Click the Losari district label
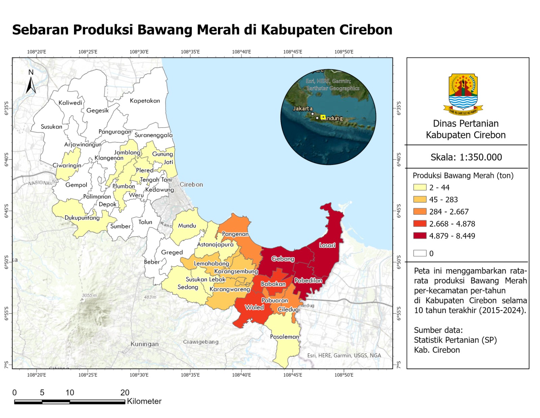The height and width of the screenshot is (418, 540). tap(327, 245)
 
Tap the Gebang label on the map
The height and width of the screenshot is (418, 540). tap(283, 259)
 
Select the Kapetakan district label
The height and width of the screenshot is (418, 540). tap(145, 101)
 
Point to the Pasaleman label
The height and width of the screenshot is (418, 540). tap(285, 337)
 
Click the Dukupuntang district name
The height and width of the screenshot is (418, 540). tap(82, 218)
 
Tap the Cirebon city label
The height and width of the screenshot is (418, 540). tap(191, 185)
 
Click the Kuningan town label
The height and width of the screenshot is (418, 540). tap(144, 344)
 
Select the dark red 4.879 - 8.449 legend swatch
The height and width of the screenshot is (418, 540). tap(420, 236)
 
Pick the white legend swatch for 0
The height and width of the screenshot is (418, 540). tap(420, 253)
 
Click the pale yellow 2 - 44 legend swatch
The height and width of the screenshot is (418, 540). tap(420, 187)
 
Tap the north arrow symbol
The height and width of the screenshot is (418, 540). tap(31, 82)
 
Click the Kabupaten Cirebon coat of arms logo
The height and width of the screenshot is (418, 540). tap(463, 94)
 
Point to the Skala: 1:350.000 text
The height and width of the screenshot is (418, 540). tap(466, 157)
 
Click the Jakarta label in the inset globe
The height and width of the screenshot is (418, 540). tap(302, 109)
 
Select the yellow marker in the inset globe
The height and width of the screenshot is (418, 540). tap(323, 117)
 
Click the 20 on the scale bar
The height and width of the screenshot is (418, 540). tap(125, 393)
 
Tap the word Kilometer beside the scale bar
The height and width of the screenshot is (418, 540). tap(144, 401)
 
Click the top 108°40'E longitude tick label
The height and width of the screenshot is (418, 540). tap(241, 52)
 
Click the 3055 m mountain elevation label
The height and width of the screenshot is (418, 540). tap(89, 295)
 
